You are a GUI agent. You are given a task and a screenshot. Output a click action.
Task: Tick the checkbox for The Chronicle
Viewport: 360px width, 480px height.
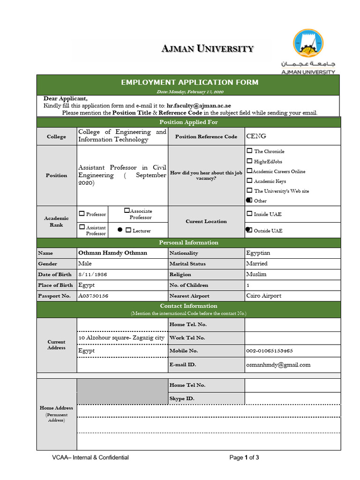tap(249, 151)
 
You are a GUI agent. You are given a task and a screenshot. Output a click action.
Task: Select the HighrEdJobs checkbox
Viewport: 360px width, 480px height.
tap(249, 161)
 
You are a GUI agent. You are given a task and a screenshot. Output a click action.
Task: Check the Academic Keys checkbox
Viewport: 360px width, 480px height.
tap(249, 181)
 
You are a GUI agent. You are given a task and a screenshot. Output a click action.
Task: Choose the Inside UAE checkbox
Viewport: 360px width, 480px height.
tap(249, 214)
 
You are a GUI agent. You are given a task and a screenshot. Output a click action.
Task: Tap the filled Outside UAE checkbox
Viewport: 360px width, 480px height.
tap(249, 230)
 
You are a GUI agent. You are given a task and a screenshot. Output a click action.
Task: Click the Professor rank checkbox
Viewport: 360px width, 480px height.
tap(82, 214)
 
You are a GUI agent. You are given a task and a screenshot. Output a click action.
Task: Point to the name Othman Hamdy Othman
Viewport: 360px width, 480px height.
tap(112, 253)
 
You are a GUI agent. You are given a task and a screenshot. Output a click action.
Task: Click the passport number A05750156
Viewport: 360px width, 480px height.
tap(93, 296)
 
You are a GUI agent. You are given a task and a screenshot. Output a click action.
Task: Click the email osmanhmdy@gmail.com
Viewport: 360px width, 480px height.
tap(278, 365)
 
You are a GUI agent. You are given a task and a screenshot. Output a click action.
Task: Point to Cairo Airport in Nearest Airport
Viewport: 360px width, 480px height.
tap(263, 296)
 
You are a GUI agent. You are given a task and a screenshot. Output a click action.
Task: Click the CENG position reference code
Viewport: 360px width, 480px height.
tap(256, 136)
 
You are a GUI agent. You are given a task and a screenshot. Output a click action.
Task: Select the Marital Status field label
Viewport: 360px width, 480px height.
tap(187, 264)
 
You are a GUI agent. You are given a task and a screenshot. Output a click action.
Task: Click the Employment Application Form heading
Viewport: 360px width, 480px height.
tap(189, 82)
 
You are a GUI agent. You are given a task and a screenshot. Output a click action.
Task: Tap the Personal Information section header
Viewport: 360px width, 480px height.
tap(188, 243)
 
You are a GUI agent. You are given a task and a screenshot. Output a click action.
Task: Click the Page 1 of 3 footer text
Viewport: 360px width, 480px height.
tap(244, 457)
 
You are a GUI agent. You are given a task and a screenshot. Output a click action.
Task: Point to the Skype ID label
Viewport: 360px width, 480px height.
tap(182, 398)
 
